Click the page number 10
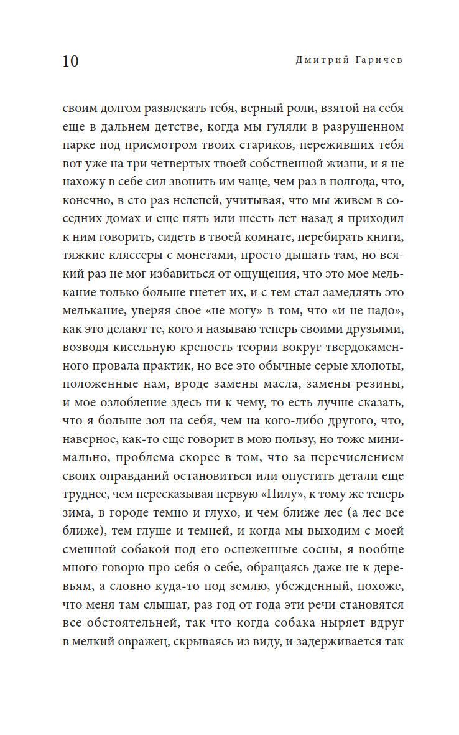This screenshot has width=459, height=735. pos(71,62)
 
